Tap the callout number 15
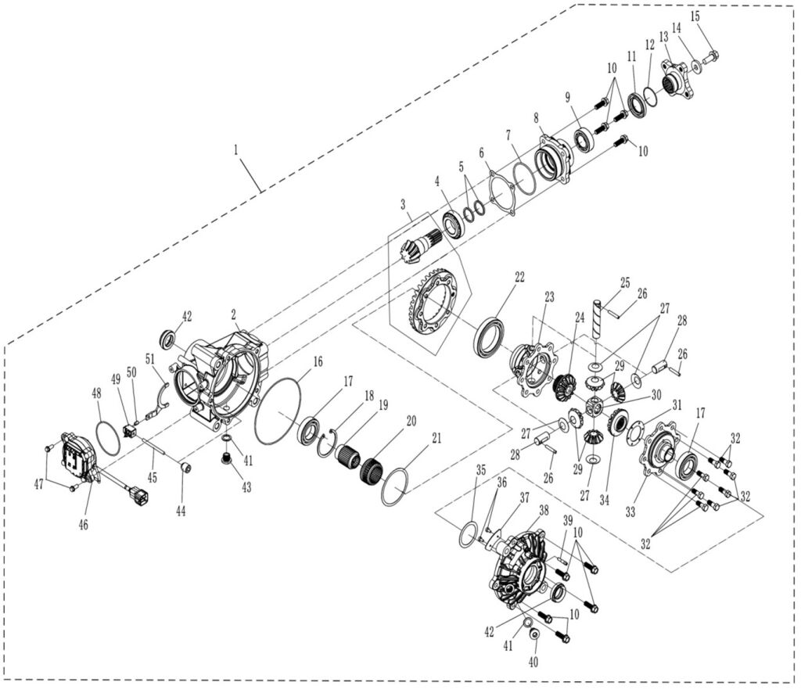point(695,16)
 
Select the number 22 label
point(519,277)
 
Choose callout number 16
point(318,362)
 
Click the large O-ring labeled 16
point(277,411)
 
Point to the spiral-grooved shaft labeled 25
point(600,317)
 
